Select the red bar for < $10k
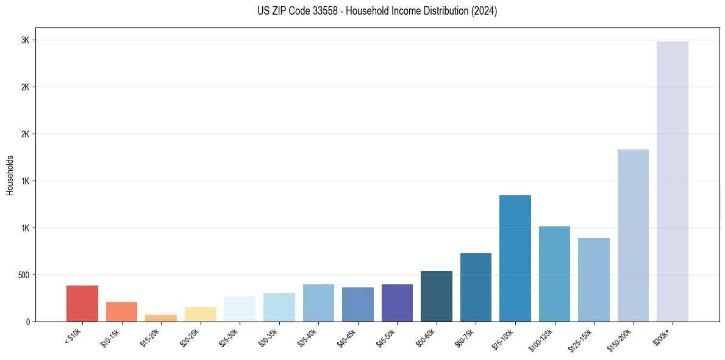(x=82, y=303)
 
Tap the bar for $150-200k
(x=633, y=236)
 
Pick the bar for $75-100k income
(x=515, y=258)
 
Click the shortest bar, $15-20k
(x=161, y=318)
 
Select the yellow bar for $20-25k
(x=200, y=314)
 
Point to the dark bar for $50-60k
(x=437, y=296)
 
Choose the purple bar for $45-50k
(x=397, y=303)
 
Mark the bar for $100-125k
(x=554, y=274)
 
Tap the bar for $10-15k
(x=121, y=311)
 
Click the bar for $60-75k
(x=476, y=287)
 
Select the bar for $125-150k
(x=594, y=279)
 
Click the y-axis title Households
(x=10, y=175)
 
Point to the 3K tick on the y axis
(x=25, y=40)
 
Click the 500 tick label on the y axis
(x=23, y=275)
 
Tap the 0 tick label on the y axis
(x=27, y=322)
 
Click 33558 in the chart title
(x=315, y=11)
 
